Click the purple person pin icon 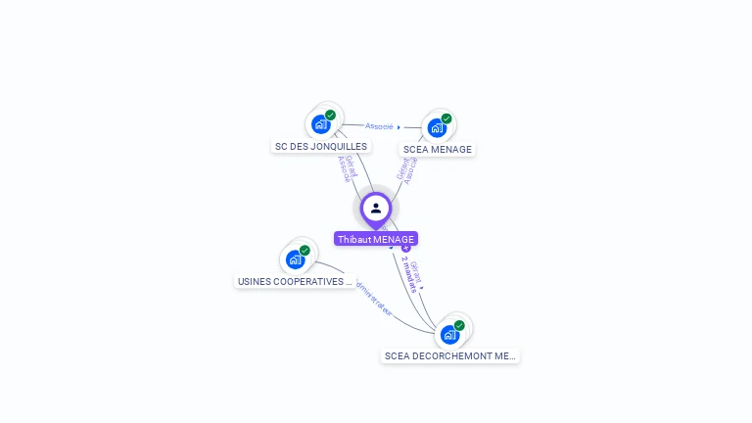coord(376,209)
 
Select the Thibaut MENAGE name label coord(376,239)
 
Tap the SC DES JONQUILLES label coord(321,147)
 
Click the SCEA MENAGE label coord(437,150)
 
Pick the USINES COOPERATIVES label coord(295,282)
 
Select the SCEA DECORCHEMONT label coord(450,356)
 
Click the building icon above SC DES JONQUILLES coord(319,124)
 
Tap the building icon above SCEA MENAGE coord(436,127)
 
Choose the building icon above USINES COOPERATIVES coord(294,259)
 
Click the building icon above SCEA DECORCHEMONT coord(449,334)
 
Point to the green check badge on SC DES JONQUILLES coord(331,115)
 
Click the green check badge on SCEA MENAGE coord(446,118)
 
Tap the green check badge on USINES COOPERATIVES coord(305,251)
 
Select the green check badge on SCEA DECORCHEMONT coord(459,325)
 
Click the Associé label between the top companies coord(380,126)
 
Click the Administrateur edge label coord(373,298)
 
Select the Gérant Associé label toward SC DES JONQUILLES coord(346,168)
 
